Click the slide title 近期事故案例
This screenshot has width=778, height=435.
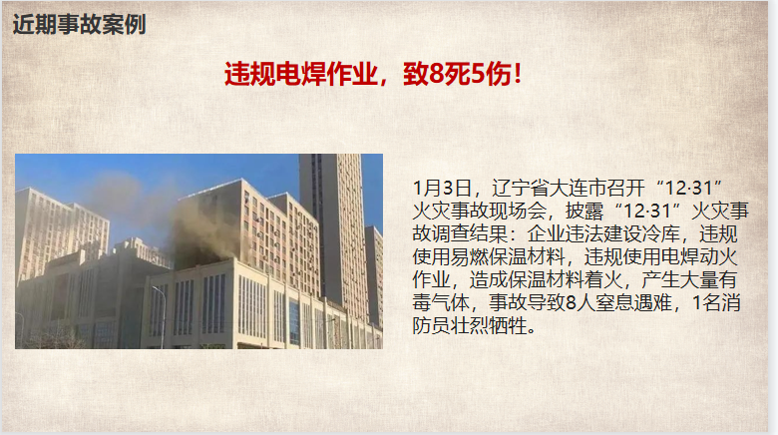[x=80, y=24]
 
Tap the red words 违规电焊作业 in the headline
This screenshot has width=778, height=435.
[x=300, y=75]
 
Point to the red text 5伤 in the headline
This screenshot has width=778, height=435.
[x=491, y=75]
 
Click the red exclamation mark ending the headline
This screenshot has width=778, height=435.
[x=518, y=75]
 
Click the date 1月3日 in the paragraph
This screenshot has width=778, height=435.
[x=442, y=189]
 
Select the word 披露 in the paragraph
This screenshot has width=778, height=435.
[x=583, y=212]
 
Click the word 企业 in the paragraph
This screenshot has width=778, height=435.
[x=547, y=233]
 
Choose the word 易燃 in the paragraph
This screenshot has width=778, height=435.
[x=470, y=256]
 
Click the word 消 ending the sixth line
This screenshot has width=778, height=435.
[x=731, y=302]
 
